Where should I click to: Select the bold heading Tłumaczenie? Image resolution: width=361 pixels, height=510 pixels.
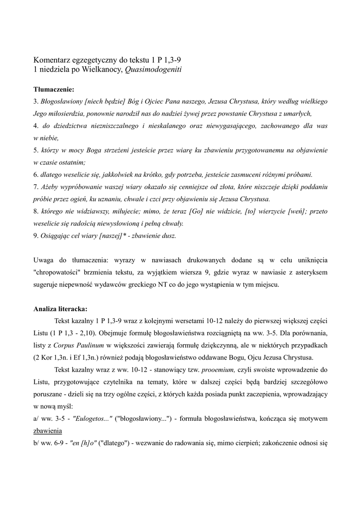coord(53,90)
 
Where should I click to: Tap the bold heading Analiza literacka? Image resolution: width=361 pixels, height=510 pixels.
coord(60,308)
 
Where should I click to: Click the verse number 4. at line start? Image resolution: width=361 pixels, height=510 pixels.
coord(36,127)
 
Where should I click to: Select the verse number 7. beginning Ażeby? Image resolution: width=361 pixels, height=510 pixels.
coord(36,187)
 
